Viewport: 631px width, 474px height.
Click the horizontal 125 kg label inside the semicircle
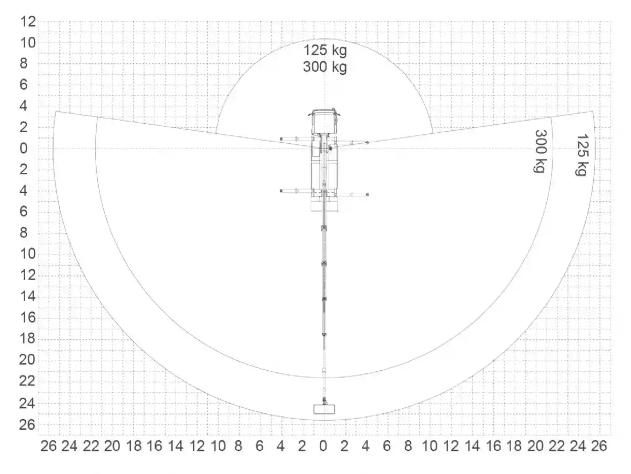point(325,51)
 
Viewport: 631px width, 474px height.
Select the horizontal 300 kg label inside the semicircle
point(325,67)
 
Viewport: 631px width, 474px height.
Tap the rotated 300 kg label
point(541,151)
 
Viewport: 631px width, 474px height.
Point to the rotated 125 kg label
point(583,154)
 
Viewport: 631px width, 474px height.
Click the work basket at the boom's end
point(324,409)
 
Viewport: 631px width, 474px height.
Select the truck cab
point(324,121)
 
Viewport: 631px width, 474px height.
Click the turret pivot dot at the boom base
point(330,148)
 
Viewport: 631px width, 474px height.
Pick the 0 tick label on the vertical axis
point(24,149)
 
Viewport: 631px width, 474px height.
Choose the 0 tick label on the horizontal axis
point(323,446)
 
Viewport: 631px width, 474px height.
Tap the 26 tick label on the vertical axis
point(27,425)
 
